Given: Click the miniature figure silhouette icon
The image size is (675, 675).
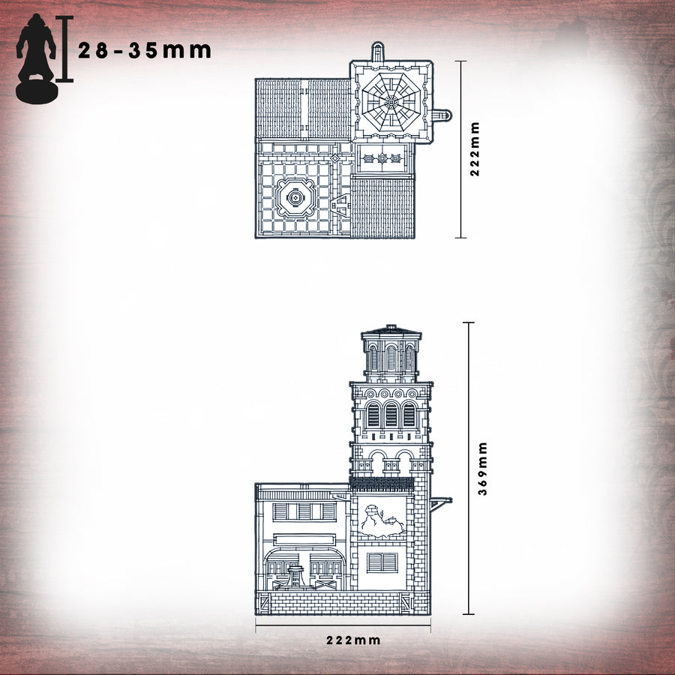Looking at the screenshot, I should (x=35, y=56).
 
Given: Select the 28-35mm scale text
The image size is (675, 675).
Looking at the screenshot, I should (x=145, y=50).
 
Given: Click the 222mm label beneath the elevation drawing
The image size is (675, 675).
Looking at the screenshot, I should (x=353, y=640).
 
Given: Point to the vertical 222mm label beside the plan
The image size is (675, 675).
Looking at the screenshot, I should (x=474, y=149).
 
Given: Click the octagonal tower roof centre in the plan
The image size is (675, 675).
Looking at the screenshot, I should (x=389, y=100).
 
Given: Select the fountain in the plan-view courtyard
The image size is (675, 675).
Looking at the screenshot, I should (x=295, y=198).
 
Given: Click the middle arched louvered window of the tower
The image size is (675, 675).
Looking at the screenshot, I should (x=391, y=415).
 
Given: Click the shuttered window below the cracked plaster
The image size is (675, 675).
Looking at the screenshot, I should (x=382, y=562).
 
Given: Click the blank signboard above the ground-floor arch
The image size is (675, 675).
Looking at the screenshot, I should (x=304, y=538).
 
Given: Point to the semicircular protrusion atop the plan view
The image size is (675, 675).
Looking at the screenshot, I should (x=377, y=52).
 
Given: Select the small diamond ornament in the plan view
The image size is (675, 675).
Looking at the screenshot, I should (x=334, y=158).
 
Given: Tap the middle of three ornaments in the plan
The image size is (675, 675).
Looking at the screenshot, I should (x=382, y=158).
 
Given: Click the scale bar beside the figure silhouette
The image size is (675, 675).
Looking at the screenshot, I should (x=65, y=49).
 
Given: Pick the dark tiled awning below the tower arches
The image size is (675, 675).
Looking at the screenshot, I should (x=382, y=483).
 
